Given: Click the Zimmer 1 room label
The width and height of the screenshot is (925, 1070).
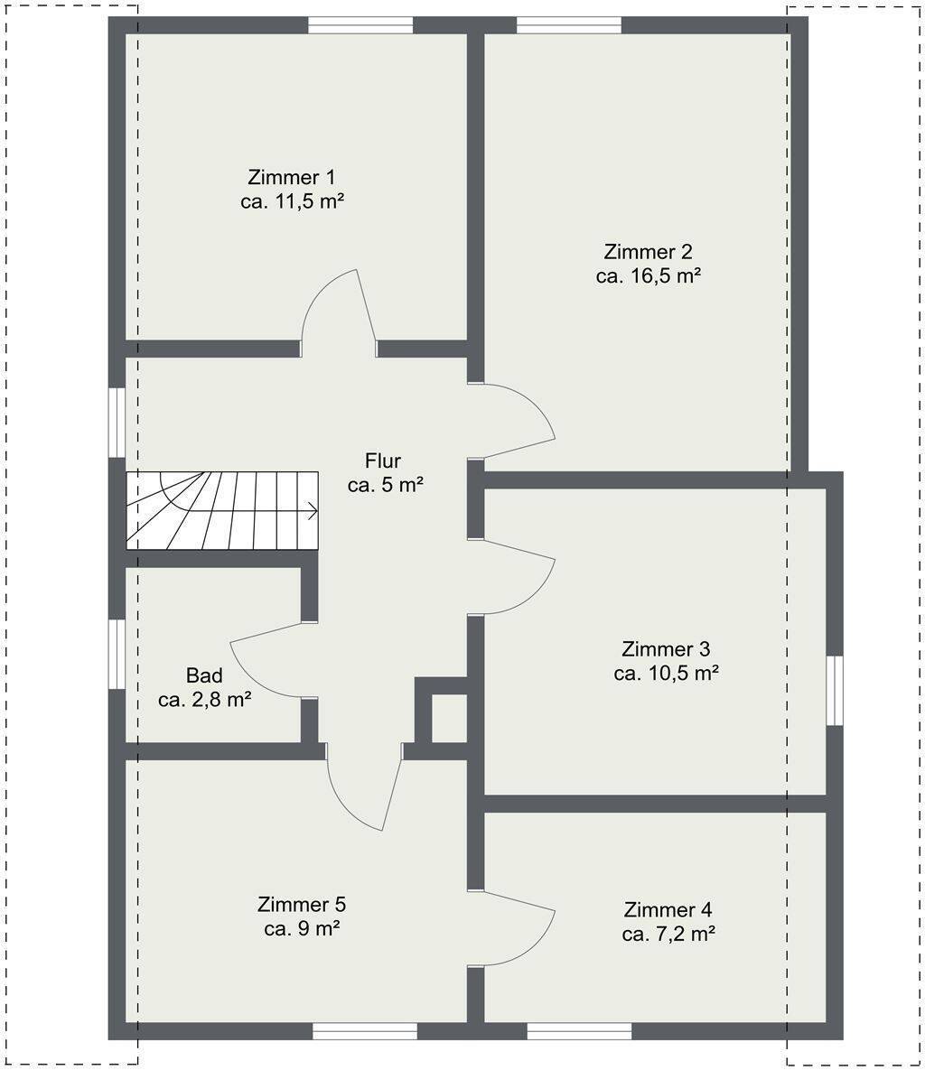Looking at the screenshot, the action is [x=292, y=177].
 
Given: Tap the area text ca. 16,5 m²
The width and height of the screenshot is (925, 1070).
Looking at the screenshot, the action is [x=649, y=276].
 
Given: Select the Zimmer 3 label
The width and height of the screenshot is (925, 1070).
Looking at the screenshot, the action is [x=666, y=648].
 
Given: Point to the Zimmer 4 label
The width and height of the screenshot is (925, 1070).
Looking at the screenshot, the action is [x=668, y=909].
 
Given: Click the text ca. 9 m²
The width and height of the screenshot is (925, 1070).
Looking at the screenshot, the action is [x=303, y=929].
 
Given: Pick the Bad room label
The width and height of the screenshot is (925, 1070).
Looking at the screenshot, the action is [x=204, y=675].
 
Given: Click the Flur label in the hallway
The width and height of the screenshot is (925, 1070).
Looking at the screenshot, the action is [x=383, y=461].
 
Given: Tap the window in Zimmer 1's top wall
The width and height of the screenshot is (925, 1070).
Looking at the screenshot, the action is [x=360, y=25].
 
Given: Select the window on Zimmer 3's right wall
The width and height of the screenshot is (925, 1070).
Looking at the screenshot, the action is [x=834, y=690].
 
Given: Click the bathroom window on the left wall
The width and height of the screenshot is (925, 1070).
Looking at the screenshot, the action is [x=117, y=654].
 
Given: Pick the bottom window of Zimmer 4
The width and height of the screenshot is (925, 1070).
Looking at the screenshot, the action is [x=580, y=1030].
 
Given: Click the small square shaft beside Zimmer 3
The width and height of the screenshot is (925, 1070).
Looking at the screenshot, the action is [x=449, y=718].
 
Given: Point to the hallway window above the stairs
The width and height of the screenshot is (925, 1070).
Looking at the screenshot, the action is [x=117, y=423].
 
